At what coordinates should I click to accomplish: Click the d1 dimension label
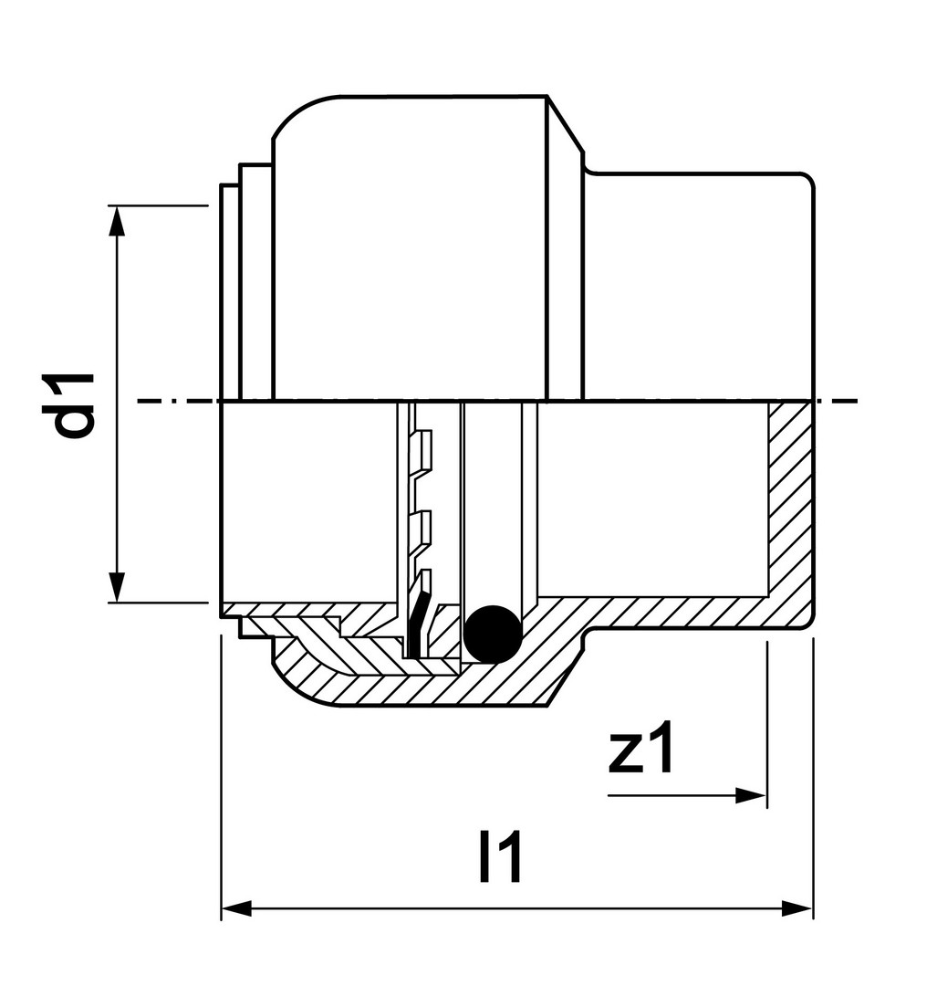click(x=74, y=405)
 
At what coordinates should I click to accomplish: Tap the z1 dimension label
click(x=640, y=747)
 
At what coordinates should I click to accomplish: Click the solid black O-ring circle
click(x=494, y=634)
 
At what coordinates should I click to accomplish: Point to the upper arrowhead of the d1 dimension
click(x=116, y=221)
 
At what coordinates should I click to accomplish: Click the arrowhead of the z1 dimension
click(x=751, y=796)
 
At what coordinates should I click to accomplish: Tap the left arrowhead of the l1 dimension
click(x=237, y=908)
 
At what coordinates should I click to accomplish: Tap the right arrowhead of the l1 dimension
click(x=797, y=908)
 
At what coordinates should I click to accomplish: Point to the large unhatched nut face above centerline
click(x=410, y=248)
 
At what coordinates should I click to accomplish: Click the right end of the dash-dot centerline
click(x=858, y=401)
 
